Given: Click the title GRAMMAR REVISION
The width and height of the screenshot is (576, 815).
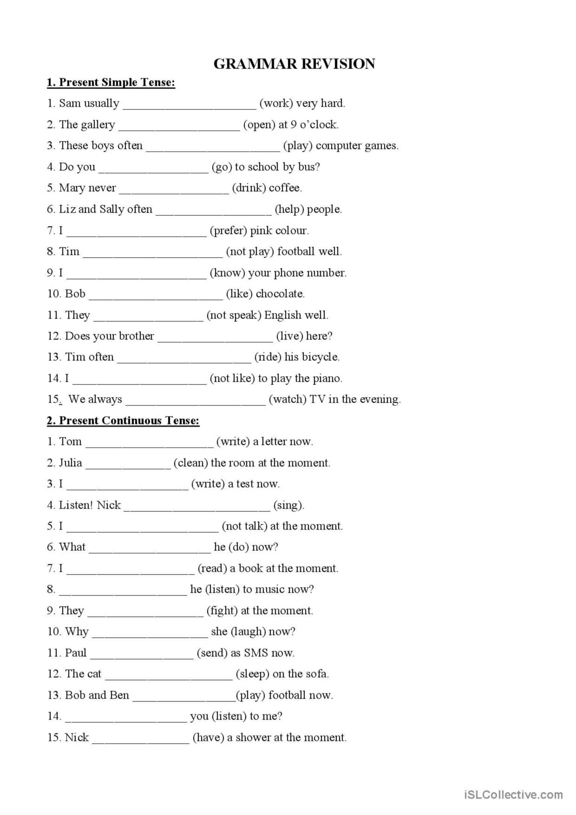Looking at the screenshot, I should click(x=294, y=64).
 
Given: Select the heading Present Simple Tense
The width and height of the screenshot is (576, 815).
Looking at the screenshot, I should click(x=111, y=82).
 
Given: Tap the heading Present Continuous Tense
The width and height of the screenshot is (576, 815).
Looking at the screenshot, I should click(x=123, y=420).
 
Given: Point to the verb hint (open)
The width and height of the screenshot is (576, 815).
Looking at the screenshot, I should click(x=259, y=124).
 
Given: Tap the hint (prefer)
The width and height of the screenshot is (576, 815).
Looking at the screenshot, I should click(x=228, y=230).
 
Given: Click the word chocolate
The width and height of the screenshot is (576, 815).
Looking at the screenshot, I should click(x=280, y=293).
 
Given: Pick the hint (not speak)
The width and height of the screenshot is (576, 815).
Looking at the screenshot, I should click(x=234, y=315).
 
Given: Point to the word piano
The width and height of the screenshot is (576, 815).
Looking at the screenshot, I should click(x=327, y=378).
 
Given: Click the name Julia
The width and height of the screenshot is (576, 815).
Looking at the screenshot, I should click(x=70, y=463).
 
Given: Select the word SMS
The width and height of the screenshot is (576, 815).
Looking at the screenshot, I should click(x=256, y=653).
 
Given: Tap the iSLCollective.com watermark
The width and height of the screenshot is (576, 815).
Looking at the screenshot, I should click(x=514, y=795).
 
